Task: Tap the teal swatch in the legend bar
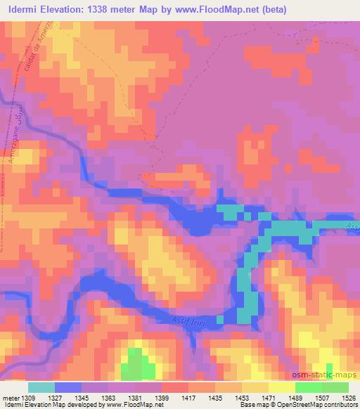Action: coord(41,387)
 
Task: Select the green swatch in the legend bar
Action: coord(308,387)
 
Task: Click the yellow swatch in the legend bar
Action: coord(281,387)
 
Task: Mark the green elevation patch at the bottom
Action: coord(138,366)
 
